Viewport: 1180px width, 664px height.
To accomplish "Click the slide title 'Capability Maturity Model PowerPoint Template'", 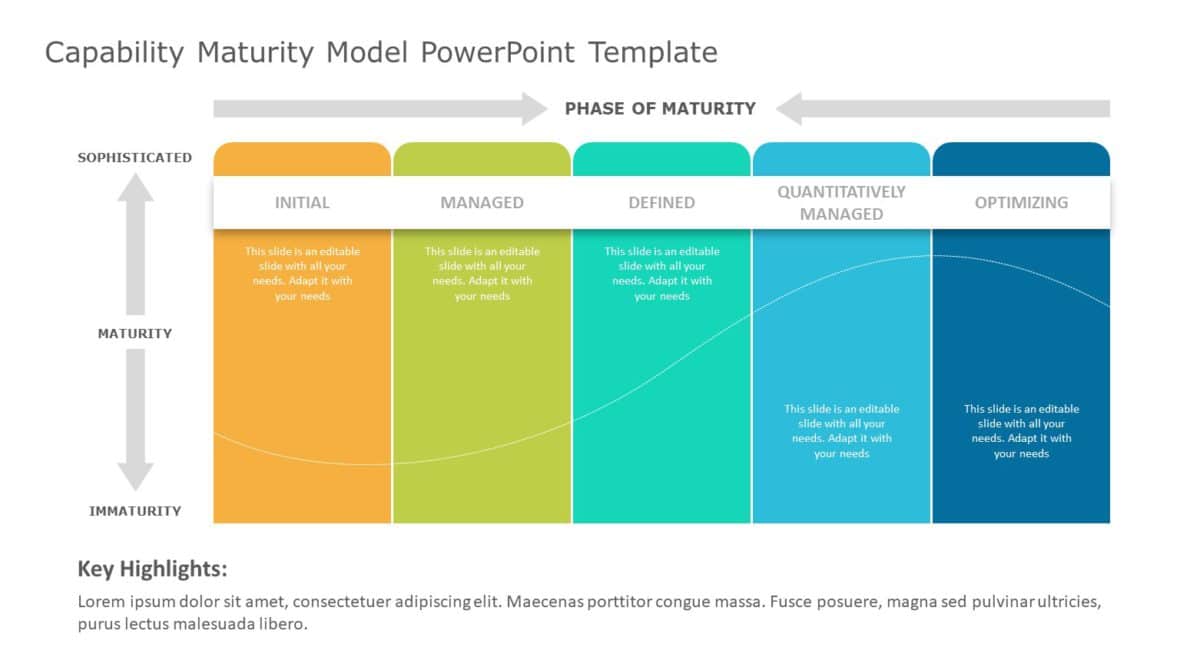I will point(381,52).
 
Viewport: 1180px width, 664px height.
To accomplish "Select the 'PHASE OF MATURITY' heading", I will point(660,108).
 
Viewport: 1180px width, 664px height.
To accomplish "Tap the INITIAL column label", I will point(302,202).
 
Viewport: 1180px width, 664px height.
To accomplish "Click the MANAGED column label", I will point(482,202).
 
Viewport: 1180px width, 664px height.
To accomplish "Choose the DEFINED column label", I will point(661,202).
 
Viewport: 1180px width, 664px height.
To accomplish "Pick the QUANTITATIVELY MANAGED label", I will point(841,202).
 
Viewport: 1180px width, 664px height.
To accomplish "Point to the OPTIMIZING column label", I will point(1021,202).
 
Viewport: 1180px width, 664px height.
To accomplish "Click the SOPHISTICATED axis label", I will point(135,157).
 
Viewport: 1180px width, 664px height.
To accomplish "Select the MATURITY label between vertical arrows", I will point(135,333).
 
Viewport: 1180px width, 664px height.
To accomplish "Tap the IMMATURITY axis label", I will point(135,511).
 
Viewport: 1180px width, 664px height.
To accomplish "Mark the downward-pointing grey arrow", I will point(136,420).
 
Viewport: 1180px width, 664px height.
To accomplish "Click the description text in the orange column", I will point(302,273).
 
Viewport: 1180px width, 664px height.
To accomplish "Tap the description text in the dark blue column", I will point(1021,431).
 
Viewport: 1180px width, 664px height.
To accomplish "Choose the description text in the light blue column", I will point(841,431).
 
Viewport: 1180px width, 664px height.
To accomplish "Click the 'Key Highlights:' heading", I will point(152,570).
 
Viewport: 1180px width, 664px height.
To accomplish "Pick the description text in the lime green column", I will point(482,273).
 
